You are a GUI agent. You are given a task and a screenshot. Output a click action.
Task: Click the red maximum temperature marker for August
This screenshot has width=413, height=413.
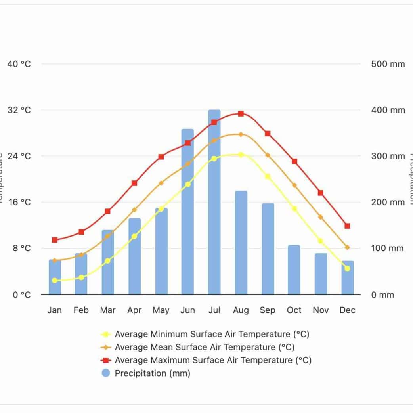(x=241, y=114)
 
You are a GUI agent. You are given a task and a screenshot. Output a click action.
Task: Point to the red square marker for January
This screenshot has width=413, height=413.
(x=55, y=240)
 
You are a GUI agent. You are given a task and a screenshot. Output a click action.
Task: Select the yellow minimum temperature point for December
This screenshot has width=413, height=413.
(x=348, y=268)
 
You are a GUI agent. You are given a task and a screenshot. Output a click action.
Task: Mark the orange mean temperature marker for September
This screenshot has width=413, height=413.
(x=268, y=155)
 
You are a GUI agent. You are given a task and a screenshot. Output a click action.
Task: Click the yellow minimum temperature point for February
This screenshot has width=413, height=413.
(x=81, y=277)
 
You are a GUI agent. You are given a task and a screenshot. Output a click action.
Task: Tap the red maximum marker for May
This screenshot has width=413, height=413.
(x=161, y=157)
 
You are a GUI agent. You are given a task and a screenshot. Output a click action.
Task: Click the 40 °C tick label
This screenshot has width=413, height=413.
(x=19, y=64)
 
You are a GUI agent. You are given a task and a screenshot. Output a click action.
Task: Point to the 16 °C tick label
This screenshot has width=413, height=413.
(x=19, y=202)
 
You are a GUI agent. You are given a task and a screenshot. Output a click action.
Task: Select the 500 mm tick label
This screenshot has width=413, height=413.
(x=388, y=64)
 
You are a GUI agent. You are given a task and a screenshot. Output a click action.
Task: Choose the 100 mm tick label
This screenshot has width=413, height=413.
(x=388, y=249)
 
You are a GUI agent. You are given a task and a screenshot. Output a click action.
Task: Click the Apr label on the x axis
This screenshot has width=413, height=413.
(x=134, y=310)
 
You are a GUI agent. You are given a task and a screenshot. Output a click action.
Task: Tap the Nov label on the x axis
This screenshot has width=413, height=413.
(x=321, y=310)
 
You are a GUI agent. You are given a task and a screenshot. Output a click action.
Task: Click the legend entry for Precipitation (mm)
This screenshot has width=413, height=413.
(x=153, y=373)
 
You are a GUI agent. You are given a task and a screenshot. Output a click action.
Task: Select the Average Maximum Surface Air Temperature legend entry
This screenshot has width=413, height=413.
(x=213, y=360)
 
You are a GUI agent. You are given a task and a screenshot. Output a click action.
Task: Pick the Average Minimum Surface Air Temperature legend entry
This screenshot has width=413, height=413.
(x=212, y=334)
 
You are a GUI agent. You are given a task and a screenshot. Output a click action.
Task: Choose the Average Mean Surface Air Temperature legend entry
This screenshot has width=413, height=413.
(x=205, y=347)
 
